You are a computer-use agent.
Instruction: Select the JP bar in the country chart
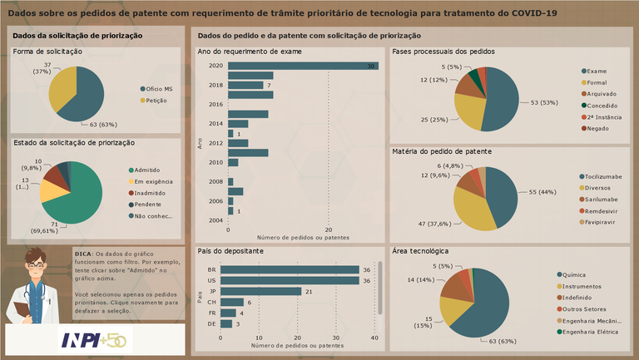260,291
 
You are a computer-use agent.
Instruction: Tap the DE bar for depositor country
224,323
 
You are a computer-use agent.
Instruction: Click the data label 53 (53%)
546,103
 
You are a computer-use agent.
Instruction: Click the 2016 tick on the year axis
215,105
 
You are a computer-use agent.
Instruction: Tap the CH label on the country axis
211,302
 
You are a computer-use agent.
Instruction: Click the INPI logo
93,340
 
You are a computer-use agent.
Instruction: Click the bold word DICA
83,254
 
